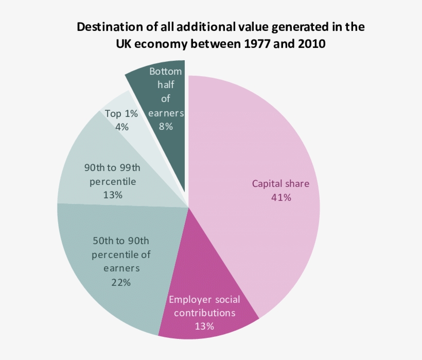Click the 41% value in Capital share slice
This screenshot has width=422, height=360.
click(281, 197)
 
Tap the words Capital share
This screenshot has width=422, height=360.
click(281, 184)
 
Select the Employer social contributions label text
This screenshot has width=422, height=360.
click(204, 306)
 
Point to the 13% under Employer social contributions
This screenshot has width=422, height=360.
click(204, 325)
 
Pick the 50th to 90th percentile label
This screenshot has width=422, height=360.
click(121, 254)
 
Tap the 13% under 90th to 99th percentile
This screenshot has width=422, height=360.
click(112, 195)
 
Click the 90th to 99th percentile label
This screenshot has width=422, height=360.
click(112, 175)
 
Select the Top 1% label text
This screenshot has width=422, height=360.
click(121, 113)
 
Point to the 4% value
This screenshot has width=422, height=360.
click(122, 127)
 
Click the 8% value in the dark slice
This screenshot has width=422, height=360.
click(165, 126)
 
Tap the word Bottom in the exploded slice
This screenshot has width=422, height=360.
click(165, 72)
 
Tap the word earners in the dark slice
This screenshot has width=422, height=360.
click(165, 112)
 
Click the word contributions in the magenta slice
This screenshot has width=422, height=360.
click(204, 313)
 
